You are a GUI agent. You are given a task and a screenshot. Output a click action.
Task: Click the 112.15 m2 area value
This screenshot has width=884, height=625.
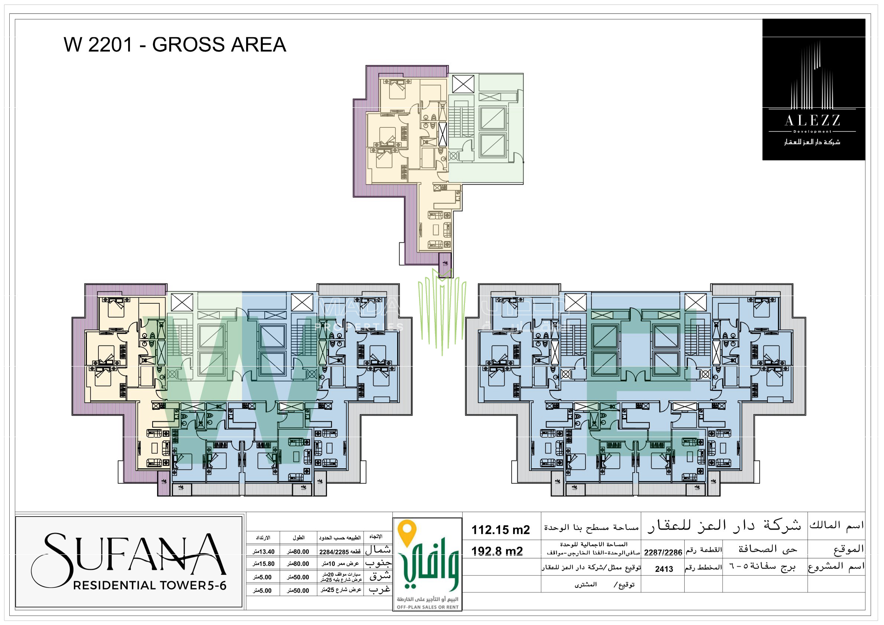[x=500, y=530]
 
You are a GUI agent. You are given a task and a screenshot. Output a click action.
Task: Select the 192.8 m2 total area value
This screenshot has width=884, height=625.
[x=497, y=551]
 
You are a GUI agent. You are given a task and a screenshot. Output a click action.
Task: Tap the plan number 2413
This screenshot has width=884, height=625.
[x=664, y=569]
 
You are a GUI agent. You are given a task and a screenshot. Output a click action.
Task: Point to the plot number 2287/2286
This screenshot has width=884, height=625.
[x=663, y=552]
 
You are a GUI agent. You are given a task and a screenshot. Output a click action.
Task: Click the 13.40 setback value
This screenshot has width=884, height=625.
[x=264, y=552]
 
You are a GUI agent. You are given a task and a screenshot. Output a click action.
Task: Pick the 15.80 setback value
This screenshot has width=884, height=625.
[x=264, y=564]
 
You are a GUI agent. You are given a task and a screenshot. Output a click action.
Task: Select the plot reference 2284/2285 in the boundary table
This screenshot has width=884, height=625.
[x=334, y=552]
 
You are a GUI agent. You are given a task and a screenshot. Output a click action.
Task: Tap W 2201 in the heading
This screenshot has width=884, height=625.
[x=98, y=45]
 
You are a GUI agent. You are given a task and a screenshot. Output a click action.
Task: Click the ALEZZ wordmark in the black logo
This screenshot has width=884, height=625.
[x=812, y=121]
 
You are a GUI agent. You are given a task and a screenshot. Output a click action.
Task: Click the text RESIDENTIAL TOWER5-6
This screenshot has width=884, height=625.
[x=149, y=586]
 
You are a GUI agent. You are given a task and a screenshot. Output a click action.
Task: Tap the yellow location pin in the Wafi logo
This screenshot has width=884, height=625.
[x=407, y=530]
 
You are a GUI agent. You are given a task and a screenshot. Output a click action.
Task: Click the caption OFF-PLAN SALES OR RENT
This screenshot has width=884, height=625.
[x=427, y=607]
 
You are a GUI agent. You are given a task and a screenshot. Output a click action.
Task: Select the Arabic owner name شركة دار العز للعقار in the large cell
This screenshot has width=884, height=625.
[x=724, y=525]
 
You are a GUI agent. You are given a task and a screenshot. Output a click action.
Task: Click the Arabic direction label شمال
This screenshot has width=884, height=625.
[x=378, y=550]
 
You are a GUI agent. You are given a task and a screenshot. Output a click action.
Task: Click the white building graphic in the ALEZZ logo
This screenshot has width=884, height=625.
[x=812, y=77]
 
